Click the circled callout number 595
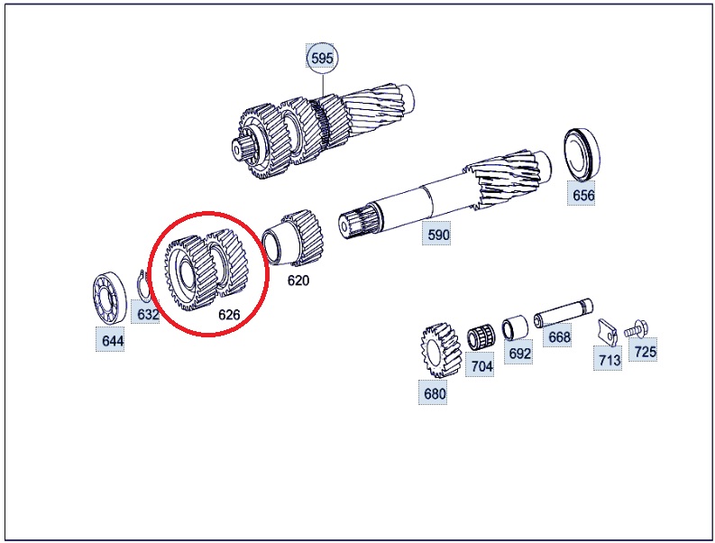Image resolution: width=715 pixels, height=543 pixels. point(322,59)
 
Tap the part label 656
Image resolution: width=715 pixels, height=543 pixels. point(583,196)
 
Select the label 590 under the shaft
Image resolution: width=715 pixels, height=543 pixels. point(438,235)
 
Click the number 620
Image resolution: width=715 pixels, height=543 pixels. point(298,281)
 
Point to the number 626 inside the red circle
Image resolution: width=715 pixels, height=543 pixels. point(229,315)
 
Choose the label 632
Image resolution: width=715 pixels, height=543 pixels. point(148,315)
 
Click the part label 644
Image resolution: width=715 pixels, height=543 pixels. point(112,341)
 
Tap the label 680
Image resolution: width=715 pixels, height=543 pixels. point(435,393)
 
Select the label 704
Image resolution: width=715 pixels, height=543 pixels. point(481,366)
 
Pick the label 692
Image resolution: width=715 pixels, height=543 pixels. point(520,354)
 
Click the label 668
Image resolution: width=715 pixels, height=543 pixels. point(559,336)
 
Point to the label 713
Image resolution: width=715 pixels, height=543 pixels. point(610,360)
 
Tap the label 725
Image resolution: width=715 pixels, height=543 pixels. point(645,352)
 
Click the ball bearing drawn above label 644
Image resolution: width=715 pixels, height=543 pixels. point(109,298)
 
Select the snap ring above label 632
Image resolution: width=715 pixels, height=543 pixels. point(143,286)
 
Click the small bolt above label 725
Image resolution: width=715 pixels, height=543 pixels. point(637,329)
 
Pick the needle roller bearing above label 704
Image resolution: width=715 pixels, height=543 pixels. point(480,337)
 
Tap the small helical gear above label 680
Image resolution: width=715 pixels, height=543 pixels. point(440,351)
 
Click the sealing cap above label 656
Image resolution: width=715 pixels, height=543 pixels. point(581,153)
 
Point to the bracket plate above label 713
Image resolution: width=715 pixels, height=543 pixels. point(608,331)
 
